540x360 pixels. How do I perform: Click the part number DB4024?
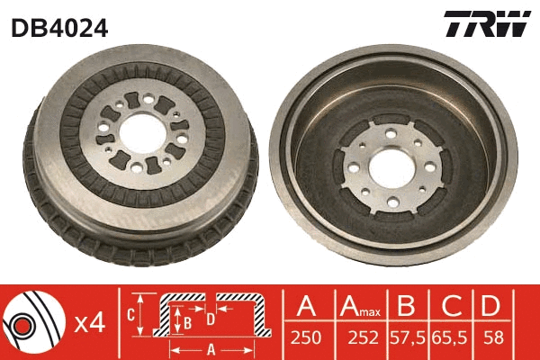click(59, 28)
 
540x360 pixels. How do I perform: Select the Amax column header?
click(360, 307)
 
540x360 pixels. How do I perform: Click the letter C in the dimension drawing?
click(130, 314)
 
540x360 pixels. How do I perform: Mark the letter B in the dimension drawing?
click(187, 319)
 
